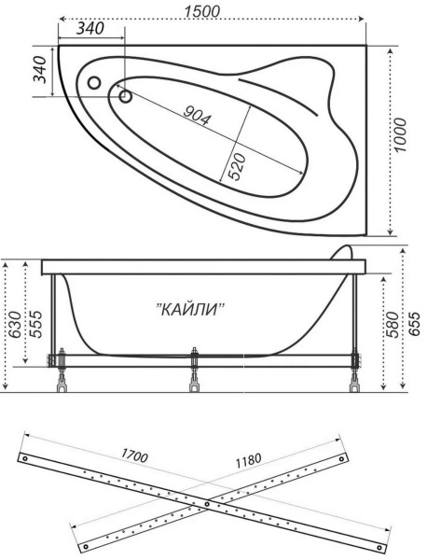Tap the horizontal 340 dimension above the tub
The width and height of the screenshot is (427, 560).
click(90, 29)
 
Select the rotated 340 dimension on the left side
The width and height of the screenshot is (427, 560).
click(40, 70)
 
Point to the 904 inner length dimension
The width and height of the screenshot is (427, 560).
click(197, 116)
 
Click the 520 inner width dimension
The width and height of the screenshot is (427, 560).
click(237, 166)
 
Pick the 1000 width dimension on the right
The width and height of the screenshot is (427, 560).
click(400, 134)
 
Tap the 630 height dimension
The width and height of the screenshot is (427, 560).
click(15, 325)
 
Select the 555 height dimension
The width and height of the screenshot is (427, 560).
click(35, 324)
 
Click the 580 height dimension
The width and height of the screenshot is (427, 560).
click(393, 325)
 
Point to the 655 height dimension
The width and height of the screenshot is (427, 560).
click(414, 324)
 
